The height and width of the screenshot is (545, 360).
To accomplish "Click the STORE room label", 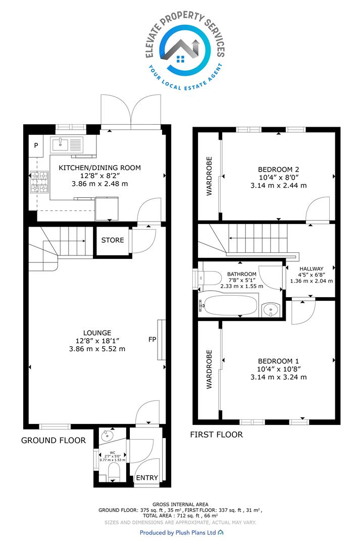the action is (x=113, y=240).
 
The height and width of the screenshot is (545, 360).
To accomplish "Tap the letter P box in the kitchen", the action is (x=36, y=145).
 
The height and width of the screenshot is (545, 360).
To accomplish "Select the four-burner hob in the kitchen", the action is (x=39, y=183).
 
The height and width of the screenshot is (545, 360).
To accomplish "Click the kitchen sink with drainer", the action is (x=67, y=145).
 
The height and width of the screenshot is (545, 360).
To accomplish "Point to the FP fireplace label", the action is (x=152, y=339).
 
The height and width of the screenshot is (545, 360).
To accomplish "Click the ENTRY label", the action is (x=147, y=478).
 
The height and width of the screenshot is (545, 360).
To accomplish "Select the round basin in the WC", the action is (x=106, y=435).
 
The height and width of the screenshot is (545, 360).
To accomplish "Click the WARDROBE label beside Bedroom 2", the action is (x=209, y=176).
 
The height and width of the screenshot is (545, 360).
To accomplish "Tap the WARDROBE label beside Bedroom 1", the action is (x=209, y=369).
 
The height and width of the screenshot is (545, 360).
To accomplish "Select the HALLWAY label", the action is (x=312, y=268).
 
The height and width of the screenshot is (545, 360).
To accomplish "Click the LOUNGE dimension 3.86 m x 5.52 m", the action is (x=97, y=349).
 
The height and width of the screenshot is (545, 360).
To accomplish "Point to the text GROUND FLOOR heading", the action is (x=53, y=441).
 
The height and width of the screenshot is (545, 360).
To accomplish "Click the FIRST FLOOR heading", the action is (x=216, y=434).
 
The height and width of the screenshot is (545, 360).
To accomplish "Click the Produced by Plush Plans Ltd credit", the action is (x=182, y=532).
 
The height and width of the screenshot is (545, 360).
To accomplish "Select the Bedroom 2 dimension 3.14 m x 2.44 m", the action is (x=279, y=186).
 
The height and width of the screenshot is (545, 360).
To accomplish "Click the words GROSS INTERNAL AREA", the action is (x=181, y=504).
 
